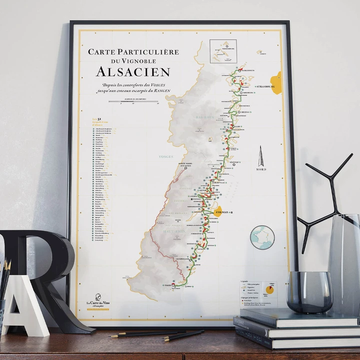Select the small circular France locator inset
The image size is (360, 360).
[x=263, y=237]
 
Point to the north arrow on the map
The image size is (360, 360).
[x=263, y=161]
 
